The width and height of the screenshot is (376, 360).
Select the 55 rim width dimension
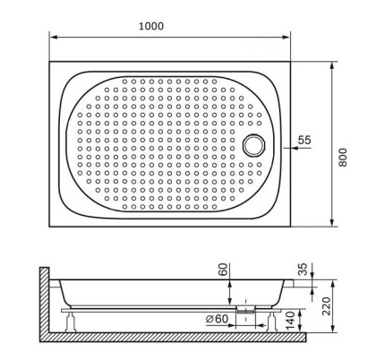(304, 140)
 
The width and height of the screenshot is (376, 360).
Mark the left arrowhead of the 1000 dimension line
(52, 38)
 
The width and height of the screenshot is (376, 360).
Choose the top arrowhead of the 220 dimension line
(328, 281)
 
